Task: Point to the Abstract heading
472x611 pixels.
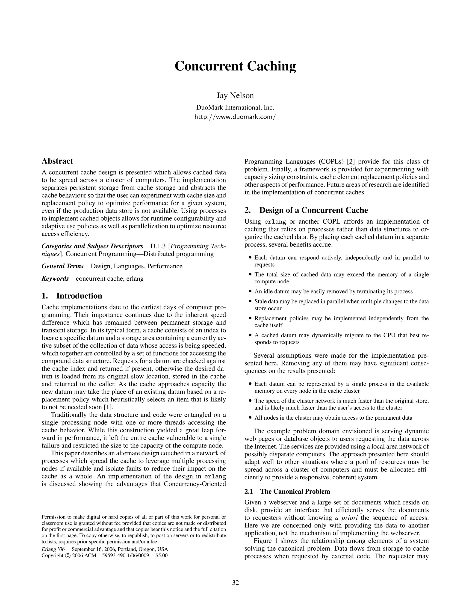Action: pos(57,161)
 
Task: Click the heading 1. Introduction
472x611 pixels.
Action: pos(72,296)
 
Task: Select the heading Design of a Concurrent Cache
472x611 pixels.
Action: pos(313,210)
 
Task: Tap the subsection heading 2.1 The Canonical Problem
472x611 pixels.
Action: pos(287,491)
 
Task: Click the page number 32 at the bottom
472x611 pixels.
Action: pos(236,583)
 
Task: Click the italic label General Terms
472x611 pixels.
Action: pos(62,266)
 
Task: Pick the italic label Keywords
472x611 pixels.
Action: pos(55,279)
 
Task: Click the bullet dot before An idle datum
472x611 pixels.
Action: pos(250,291)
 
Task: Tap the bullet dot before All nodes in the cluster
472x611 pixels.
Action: pos(250,418)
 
